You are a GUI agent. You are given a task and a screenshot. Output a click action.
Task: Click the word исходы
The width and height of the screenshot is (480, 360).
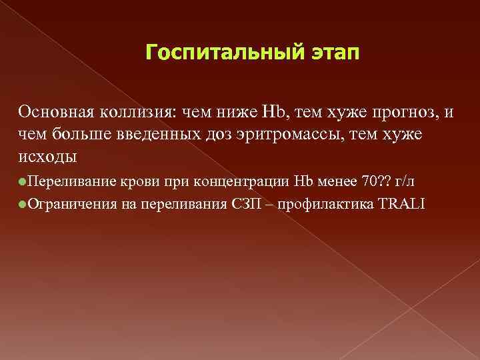point(48,157)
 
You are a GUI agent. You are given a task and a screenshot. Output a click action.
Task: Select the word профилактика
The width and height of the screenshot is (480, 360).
point(313,203)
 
